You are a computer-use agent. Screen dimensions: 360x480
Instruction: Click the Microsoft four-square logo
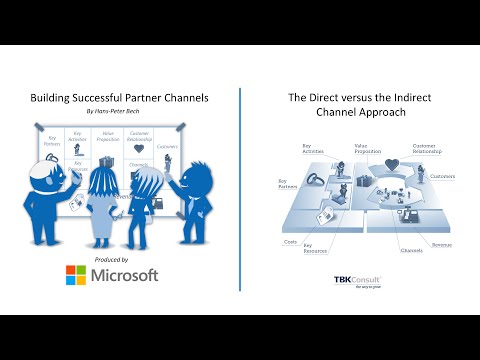click(x=77, y=275)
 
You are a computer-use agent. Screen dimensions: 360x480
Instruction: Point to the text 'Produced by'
click(x=111, y=259)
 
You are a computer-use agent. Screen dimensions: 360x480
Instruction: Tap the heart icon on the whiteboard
click(x=139, y=149)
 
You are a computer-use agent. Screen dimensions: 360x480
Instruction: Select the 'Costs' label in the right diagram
click(x=291, y=242)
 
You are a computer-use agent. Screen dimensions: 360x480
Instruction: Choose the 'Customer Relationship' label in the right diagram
click(x=424, y=148)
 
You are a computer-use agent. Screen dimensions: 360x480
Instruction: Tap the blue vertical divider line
click(x=240, y=190)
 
